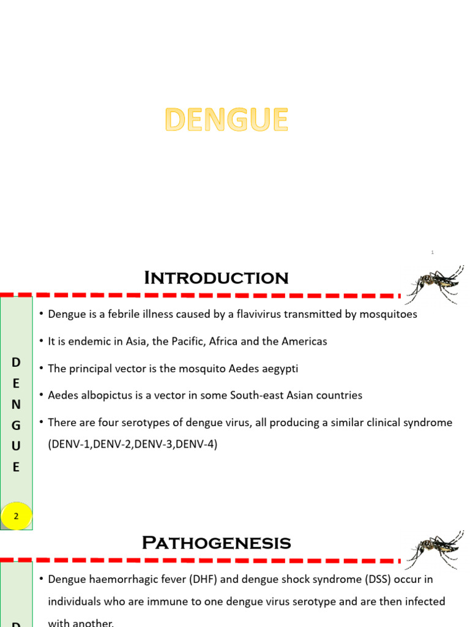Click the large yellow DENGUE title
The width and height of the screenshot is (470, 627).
(226, 120)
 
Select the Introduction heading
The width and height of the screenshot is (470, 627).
(216, 278)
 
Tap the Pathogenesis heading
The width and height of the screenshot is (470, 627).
(216, 543)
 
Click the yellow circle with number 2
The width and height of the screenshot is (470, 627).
(17, 516)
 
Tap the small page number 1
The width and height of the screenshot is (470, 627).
(432, 252)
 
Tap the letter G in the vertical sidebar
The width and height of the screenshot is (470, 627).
(17, 425)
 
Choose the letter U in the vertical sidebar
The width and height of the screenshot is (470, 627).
(17, 446)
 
